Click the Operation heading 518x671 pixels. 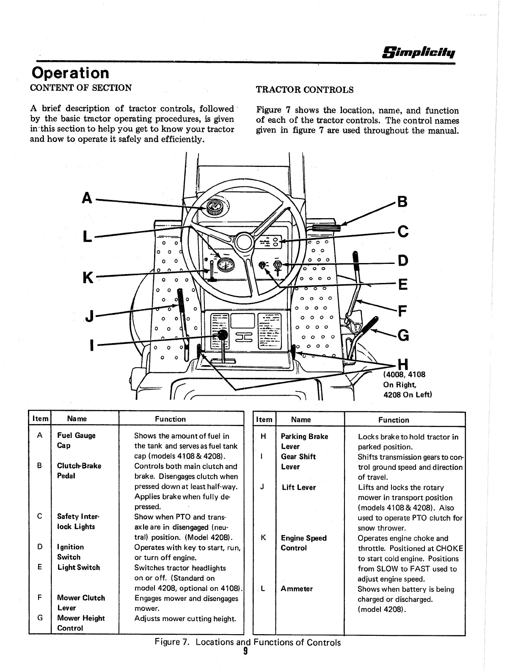click(x=70, y=73)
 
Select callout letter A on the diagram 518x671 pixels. click(x=87, y=198)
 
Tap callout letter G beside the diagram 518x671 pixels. click(x=402, y=335)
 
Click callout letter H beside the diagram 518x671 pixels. click(x=402, y=364)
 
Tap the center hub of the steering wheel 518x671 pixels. click(x=244, y=242)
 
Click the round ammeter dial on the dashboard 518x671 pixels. click(x=224, y=266)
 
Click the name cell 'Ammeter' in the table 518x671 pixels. click(x=297, y=589)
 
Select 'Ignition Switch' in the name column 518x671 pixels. click(x=70, y=552)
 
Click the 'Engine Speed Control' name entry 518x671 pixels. click(x=303, y=543)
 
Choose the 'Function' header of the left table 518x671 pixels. click(x=170, y=419)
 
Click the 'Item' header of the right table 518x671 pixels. click(x=264, y=419)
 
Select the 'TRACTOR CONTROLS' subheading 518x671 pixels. click(x=305, y=90)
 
